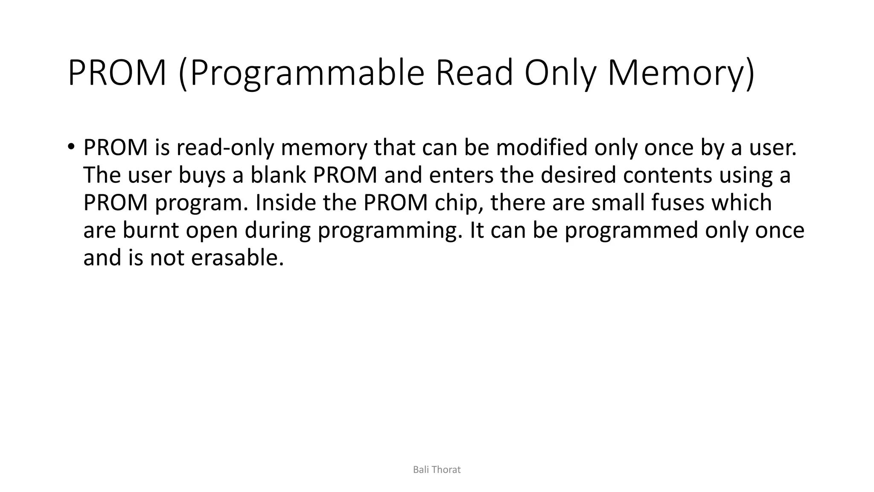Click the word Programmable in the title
[x=307, y=73]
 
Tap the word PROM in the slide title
[x=117, y=73]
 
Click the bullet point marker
[x=71, y=146]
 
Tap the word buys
[x=202, y=175]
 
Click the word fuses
[x=678, y=203]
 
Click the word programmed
[x=632, y=231]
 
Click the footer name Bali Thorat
[x=437, y=470]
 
